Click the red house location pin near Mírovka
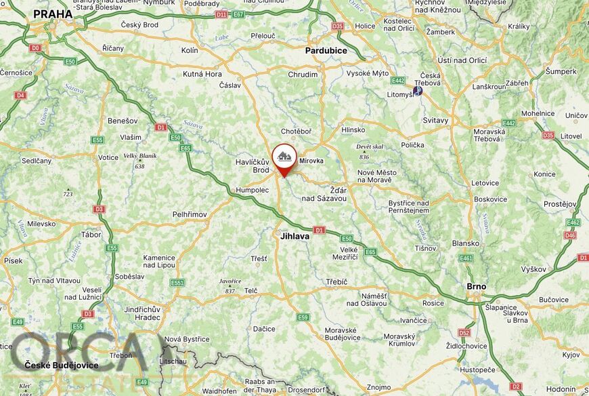click(x=284, y=157)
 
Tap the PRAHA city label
click(x=52, y=14)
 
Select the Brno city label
click(x=477, y=286)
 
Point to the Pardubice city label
click(x=326, y=51)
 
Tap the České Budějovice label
click(x=62, y=365)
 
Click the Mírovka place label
click(x=311, y=161)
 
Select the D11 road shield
click(x=221, y=14)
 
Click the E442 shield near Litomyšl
click(x=397, y=81)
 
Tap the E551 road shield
click(x=177, y=283)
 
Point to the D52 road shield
click(x=464, y=333)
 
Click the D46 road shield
click(x=571, y=235)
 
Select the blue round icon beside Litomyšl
click(x=418, y=90)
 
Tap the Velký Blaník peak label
click(x=139, y=156)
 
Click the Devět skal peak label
click(x=370, y=146)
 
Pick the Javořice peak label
click(x=230, y=281)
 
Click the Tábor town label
click(x=91, y=235)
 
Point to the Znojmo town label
click(x=378, y=387)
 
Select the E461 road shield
click(x=466, y=258)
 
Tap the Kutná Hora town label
click(x=202, y=74)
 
